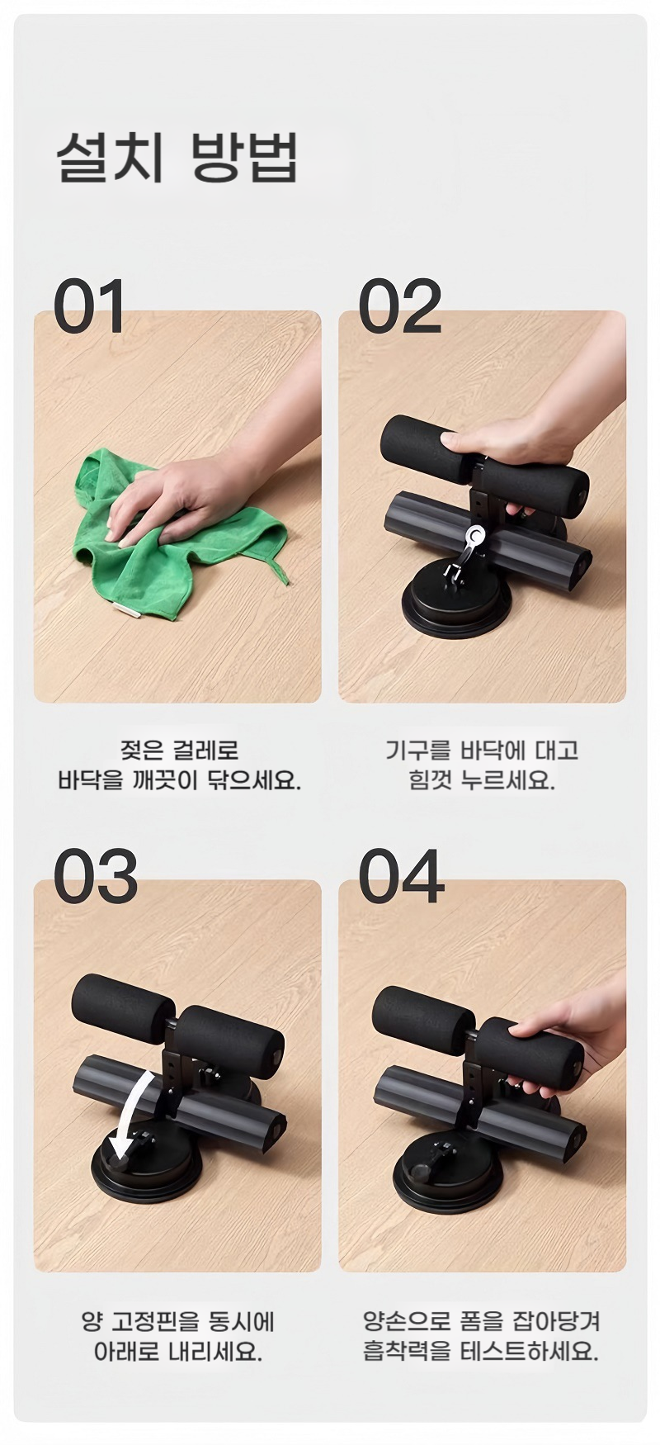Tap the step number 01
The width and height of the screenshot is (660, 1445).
(x=89, y=306)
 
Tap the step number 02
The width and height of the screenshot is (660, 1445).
(x=399, y=306)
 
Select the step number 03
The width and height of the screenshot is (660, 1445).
(x=95, y=875)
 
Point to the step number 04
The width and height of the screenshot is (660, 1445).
(x=400, y=875)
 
